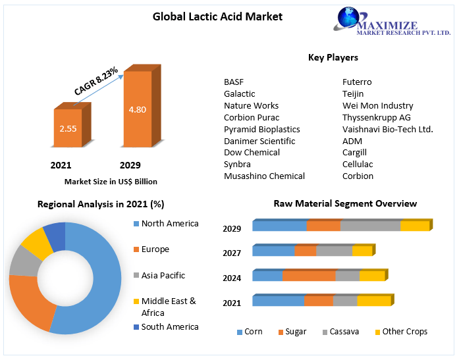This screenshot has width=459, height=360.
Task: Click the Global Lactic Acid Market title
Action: click(x=217, y=16)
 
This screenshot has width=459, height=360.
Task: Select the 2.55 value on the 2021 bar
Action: click(x=68, y=128)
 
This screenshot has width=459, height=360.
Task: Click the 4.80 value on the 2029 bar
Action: click(x=138, y=109)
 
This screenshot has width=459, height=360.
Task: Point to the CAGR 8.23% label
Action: click(x=96, y=81)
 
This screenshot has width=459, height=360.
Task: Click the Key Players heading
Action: click(x=333, y=57)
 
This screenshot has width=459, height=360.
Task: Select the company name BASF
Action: click(x=234, y=82)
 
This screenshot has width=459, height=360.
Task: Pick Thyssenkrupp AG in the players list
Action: click(x=377, y=117)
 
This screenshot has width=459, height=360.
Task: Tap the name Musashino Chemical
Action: click(x=264, y=176)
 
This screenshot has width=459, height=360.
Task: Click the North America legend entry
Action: click(x=169, y=223)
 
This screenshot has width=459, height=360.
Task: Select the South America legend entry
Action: click(x=169, y=326)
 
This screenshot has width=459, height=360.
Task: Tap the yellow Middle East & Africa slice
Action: click(x=36, y=245)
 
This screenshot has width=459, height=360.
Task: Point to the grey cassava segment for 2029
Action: click(x=370, y=226)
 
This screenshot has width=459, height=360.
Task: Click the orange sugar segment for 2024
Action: click(x=309, y=276)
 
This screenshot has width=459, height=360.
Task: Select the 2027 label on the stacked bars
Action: click(x=232, y=253)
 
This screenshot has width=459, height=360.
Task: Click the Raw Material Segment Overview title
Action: click(x=345, y=203)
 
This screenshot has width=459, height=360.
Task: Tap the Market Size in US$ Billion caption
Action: click(x=111, y=181)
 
